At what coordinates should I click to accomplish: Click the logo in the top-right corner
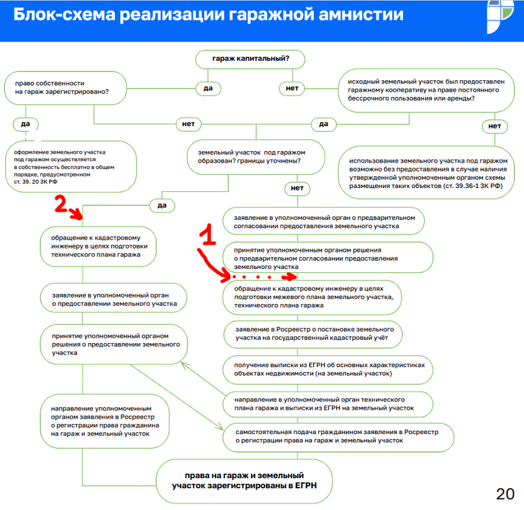tap(502, 17)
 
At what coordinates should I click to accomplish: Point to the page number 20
tap(505, 493)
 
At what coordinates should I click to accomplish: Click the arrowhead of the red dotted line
tap(291, 278)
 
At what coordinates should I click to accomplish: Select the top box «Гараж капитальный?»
tap(251, 60)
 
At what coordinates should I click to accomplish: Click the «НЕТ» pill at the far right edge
tap(495, 126)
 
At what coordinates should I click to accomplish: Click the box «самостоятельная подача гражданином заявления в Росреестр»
tap(338, 436)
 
